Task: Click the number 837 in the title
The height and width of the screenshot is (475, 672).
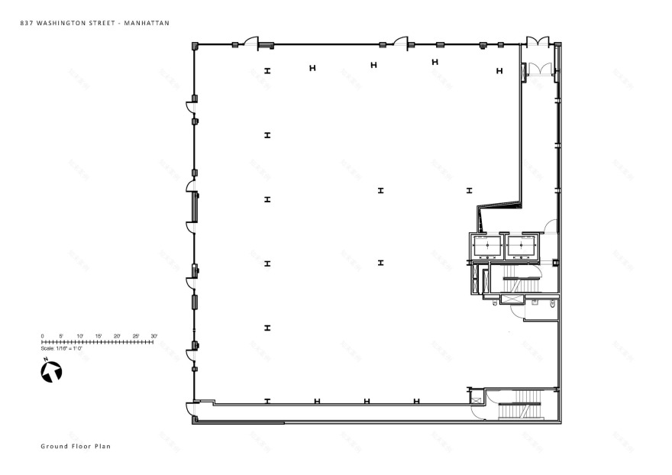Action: tap(27, 24)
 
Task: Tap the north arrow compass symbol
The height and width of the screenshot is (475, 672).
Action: tap(51, 372)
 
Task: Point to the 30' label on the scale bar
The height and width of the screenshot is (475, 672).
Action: tap(153, 336)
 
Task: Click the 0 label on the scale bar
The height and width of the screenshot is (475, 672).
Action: tap(42, 336)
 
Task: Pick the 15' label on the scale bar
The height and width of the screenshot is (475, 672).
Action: tap(98, 336)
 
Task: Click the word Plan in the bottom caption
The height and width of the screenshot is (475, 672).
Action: tap(102, 446)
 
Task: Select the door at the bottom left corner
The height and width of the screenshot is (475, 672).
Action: tap(191, 411)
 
